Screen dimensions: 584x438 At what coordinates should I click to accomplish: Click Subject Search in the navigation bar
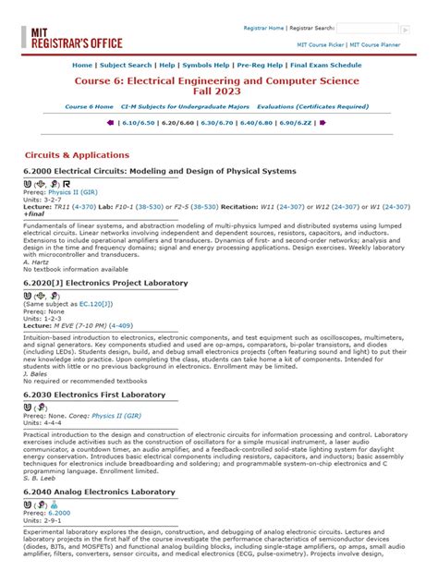click(126, 67)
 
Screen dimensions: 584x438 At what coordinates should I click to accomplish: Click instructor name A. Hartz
click(39, 262)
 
